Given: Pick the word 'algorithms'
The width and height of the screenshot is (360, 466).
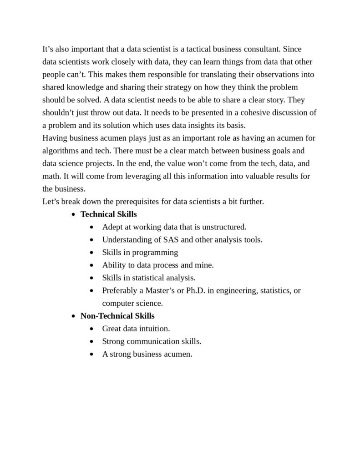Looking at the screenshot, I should click(60, 151).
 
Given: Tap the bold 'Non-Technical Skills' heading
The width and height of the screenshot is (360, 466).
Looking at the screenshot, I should click(117, 315).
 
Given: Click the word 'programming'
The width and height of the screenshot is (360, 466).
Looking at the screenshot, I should click(158, 252).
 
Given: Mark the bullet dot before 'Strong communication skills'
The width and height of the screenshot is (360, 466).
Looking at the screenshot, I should click(93, 341).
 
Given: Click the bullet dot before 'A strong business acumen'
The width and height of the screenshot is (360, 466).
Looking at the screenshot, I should click(93, 354).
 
